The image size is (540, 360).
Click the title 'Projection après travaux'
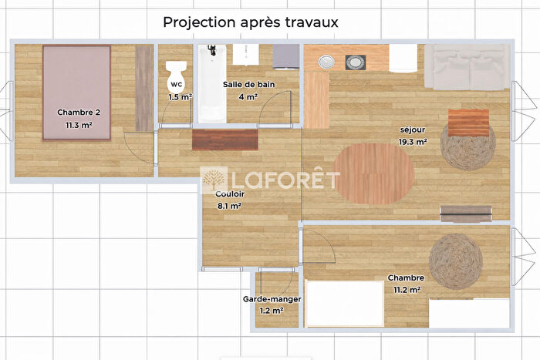(x=250, y=22)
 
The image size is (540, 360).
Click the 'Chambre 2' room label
(x=79, y=112)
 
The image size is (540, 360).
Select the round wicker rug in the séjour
(x=467, y=146)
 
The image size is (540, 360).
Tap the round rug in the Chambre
(x=455, y=261)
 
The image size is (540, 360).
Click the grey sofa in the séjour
(x=467, y=67)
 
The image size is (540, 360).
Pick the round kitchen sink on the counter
(x=325, y=60)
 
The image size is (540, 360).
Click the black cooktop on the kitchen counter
(x=356, y=60)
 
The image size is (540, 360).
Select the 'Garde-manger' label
(x=272, y=299)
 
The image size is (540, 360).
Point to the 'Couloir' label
(x=229, y=195)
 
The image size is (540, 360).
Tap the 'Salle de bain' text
(x=249, y=85)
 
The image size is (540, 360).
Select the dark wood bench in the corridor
(x=224, y=140)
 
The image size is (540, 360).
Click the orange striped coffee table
(x=468, y=121)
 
